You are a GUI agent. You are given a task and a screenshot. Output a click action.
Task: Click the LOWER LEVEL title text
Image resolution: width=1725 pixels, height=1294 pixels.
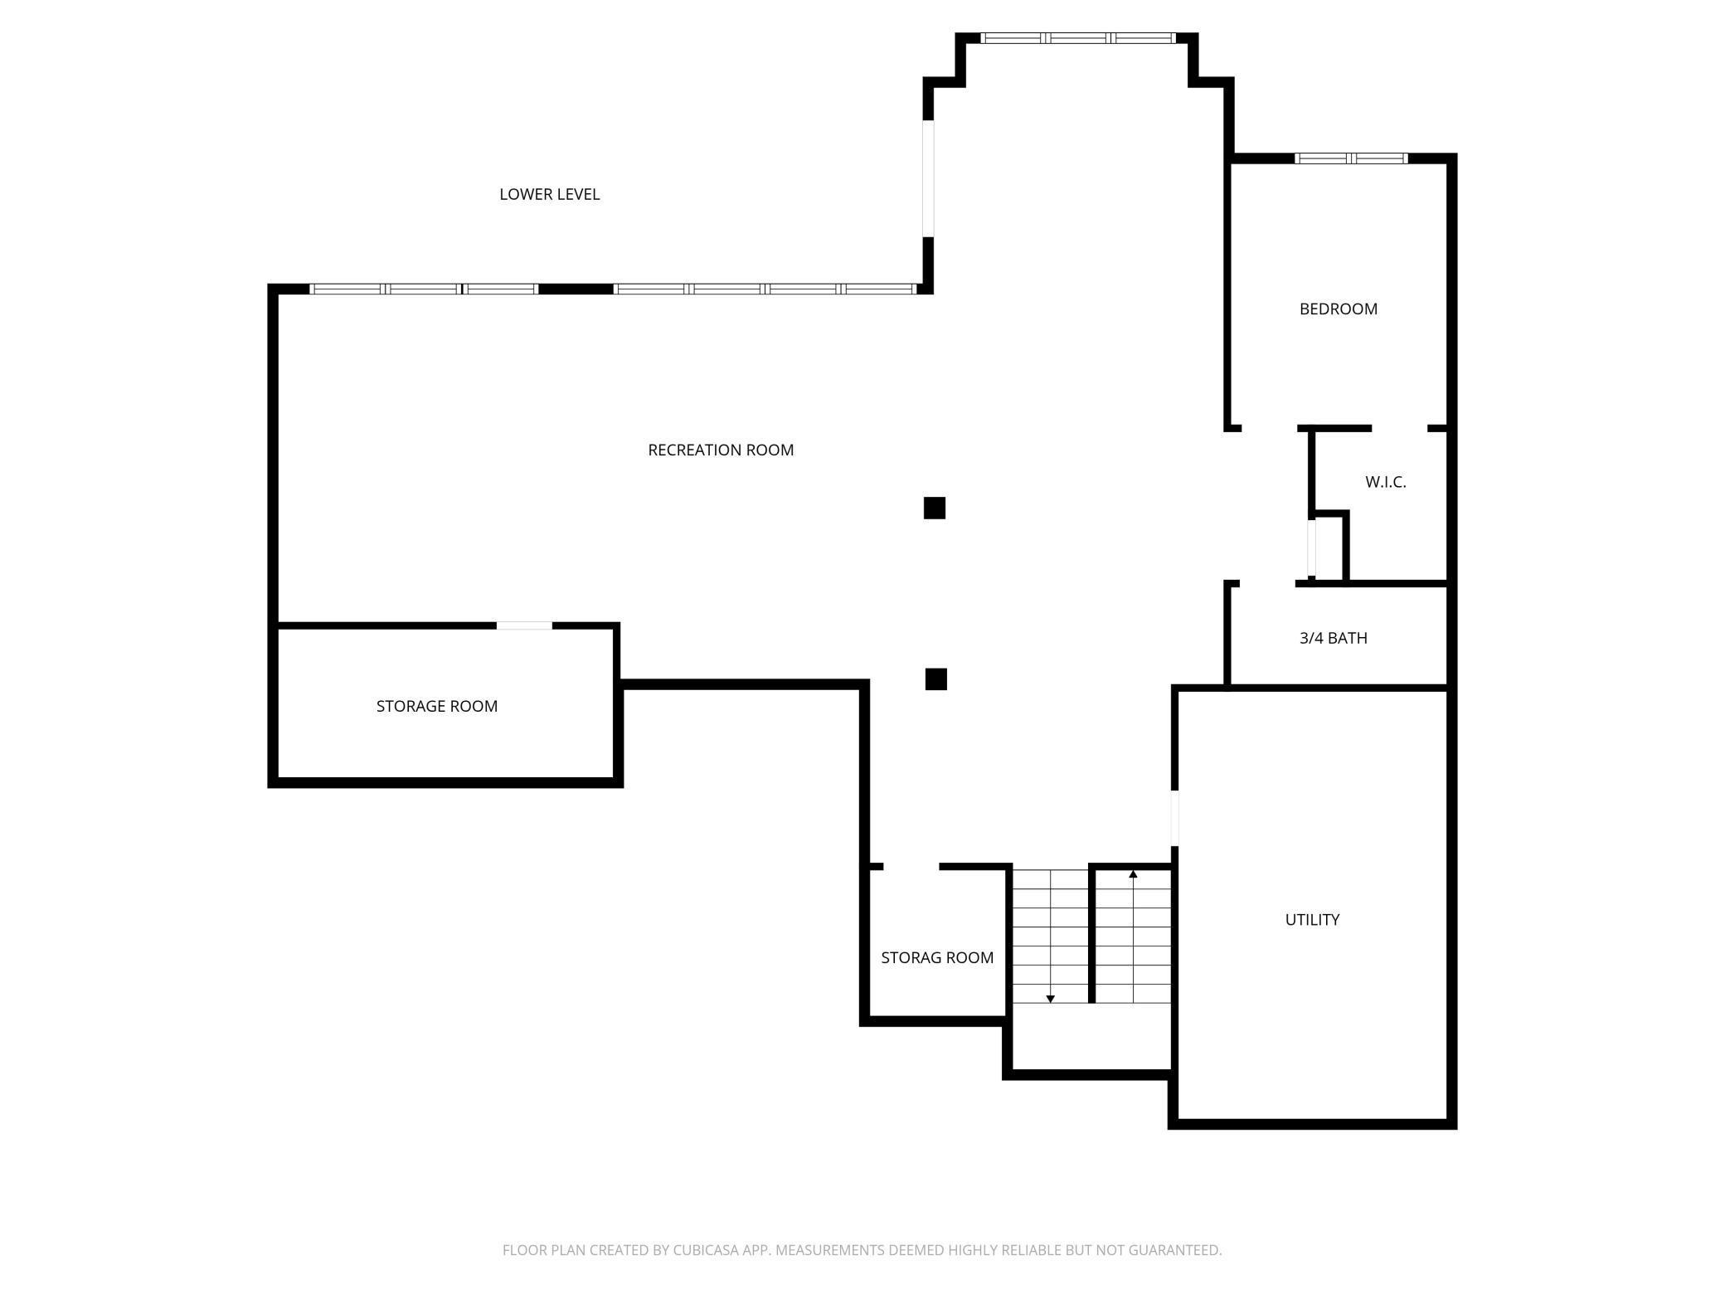click(549, 194)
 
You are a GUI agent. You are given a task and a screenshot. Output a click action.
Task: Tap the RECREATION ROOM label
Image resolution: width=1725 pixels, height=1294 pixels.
click(720, 450)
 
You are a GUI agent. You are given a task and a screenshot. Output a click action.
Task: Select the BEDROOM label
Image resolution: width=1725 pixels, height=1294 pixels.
click(1338, 309)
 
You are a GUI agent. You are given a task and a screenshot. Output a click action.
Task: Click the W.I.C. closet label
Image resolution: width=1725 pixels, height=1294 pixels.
click(1385, 482)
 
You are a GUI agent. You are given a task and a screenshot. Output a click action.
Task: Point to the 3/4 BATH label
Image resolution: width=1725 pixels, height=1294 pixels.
click(1333, 638)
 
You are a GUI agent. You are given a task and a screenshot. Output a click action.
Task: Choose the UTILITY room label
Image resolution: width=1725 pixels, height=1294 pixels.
click(1312, 919)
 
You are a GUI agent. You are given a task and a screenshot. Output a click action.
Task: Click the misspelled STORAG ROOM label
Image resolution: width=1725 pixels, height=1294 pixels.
click(936, 957)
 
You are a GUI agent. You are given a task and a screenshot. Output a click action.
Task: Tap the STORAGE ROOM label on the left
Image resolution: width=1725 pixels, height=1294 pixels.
click(436, 706)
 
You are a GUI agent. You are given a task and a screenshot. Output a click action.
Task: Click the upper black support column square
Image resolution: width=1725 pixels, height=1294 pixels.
click(934, 508)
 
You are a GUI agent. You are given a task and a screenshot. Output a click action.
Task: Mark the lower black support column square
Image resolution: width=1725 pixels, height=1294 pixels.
click(935, 679)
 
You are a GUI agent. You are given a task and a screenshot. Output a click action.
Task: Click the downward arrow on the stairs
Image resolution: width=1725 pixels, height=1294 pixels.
click(1050, 998)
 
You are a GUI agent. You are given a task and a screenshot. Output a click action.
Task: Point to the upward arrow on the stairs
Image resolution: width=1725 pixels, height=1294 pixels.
click(1133, 874)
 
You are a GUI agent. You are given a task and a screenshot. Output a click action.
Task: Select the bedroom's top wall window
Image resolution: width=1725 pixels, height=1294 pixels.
click(1351, 158)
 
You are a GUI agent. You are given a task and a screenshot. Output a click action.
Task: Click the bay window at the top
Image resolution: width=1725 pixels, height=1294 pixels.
click(1077, 38)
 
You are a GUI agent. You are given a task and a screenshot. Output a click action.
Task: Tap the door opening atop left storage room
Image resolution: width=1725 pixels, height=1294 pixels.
click(524, 625)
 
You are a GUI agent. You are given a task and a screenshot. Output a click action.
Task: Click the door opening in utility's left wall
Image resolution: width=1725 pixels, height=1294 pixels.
click(1174, 818)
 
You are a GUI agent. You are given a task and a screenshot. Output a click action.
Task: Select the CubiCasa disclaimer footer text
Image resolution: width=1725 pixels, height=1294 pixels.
click(862, 1249)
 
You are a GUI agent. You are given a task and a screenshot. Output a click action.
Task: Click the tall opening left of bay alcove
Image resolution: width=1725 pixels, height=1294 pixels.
click(928, 178)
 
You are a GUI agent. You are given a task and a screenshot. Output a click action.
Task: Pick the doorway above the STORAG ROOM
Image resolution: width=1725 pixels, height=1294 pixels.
click(911, 866)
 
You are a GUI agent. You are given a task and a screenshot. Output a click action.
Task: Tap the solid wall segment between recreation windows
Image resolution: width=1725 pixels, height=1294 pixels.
click(576, 289)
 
